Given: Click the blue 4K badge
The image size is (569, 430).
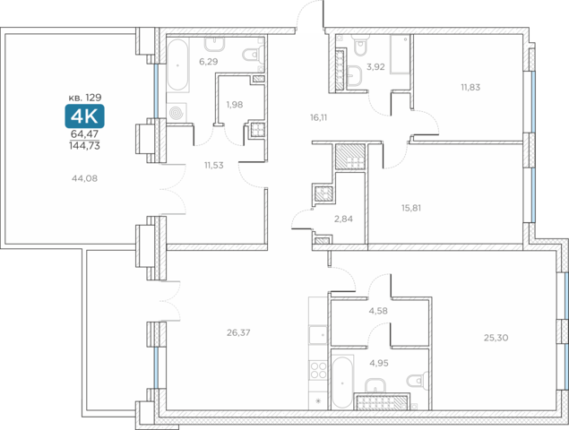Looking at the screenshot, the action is (84, 116).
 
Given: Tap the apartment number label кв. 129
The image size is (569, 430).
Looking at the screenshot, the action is (85, 98).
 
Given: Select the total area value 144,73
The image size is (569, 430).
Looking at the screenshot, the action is (84, 146).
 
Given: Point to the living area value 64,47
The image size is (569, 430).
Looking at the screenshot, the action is (84, 133).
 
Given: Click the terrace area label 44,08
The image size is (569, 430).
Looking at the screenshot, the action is (84, 178).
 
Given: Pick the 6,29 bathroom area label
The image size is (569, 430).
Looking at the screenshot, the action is (208, 62).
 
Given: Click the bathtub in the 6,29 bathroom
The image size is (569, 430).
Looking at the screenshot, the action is (177, 65).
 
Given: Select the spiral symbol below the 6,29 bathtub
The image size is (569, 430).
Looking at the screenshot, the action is (177, 113).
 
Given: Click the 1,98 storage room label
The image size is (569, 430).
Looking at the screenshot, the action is (235, 105).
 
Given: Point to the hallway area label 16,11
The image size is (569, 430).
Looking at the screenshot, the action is (319, 117).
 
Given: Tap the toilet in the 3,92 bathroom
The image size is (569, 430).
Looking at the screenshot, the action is (359, 45).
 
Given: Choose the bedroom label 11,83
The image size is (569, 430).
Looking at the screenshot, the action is (470, 87).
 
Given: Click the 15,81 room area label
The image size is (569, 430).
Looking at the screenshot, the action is (411, 208).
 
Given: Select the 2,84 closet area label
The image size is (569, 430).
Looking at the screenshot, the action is (343, 219).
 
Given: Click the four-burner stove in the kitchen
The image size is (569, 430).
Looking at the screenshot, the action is (318, 371).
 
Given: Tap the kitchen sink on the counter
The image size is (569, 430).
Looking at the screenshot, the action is (318, 334).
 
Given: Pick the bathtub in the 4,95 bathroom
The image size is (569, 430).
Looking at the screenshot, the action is (342, 383).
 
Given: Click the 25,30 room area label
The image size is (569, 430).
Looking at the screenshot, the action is (496, 338).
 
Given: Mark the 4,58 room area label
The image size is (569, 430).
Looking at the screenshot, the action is (378, 311).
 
